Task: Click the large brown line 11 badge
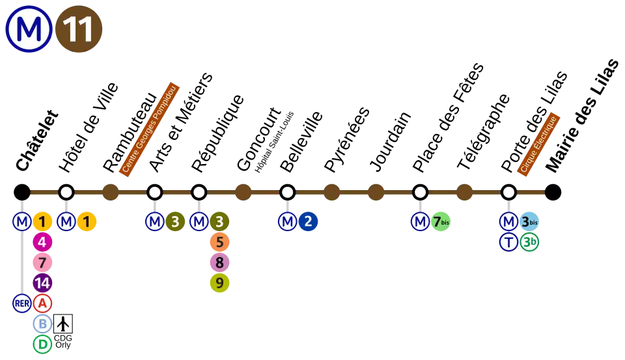point(78,30)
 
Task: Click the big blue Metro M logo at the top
point(29,29)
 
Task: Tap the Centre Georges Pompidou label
point(150,129)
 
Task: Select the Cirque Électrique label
point(539,144)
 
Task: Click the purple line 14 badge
point(42,283)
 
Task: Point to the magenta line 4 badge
point(42,243)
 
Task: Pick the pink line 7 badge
point(42,263)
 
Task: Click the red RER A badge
point(42,303)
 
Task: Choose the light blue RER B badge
point(42,324)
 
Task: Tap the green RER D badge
point(42,344)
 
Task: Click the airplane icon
point(63,324)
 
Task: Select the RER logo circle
point(22,303)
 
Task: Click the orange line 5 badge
point(219,243)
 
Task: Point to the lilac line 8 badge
point(219,263)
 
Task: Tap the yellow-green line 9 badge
point(219,283)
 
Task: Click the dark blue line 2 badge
point(308,222)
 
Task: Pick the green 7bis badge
point(441,222)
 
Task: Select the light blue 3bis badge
point(529,222)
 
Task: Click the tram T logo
point(508,242)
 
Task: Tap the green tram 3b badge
point(529,242)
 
